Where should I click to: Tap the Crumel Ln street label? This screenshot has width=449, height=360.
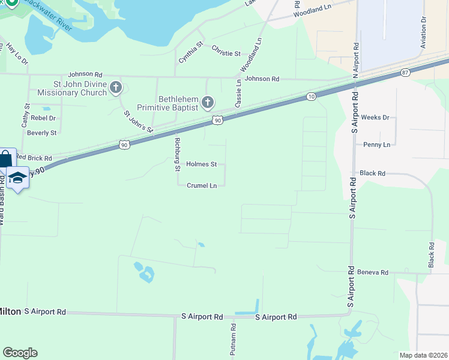click(x=201, y=186)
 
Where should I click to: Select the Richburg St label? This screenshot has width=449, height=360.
click(x=177, y=153)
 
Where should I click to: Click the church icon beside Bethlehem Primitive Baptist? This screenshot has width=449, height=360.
click(x=208, y=103)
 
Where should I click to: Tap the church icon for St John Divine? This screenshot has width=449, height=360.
click(x=116, y=88)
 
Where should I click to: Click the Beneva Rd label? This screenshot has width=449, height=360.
click(x=373, y=272)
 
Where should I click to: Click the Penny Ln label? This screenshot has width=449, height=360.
click(x=376, y=145)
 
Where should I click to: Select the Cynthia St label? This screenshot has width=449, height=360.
click(x=191, y=52)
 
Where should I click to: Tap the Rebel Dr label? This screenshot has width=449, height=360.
click(x=43, y=118)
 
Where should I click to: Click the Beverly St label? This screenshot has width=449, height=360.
click(x=42, y=133)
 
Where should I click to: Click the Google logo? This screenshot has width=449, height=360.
click(x=20, y=352)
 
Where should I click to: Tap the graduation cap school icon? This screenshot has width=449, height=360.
click(x=18, y=178)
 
